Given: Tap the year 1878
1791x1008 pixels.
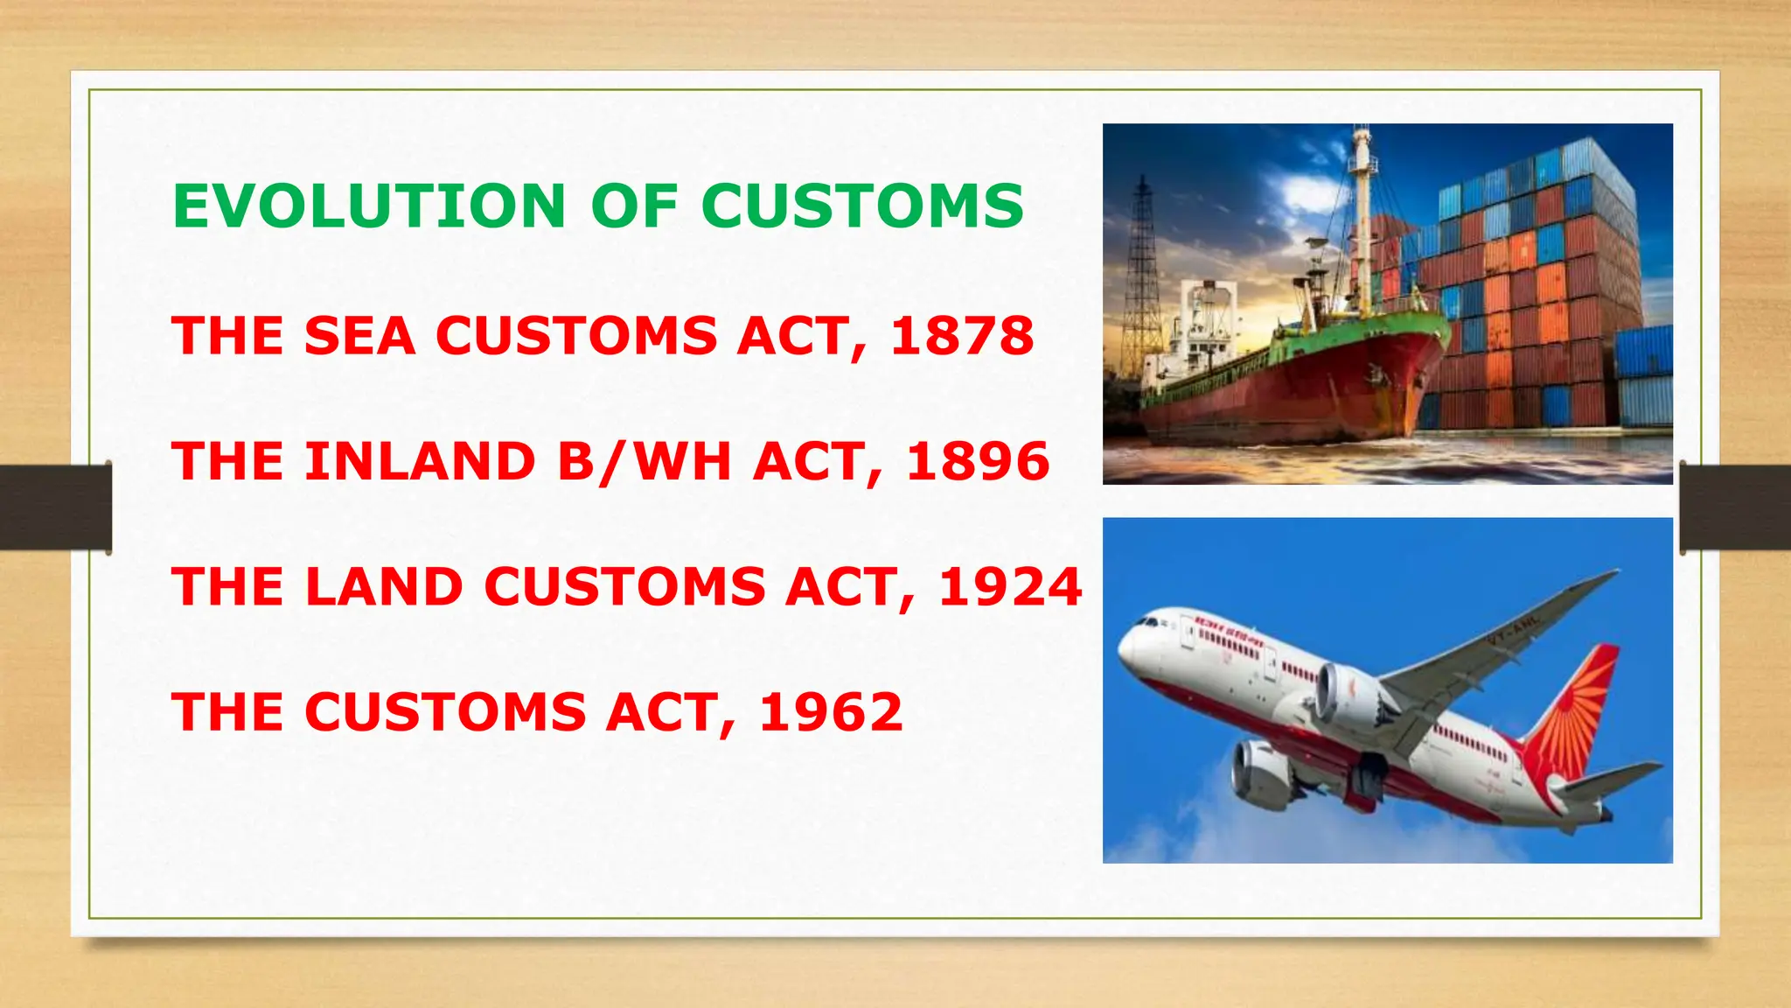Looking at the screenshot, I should tap(962, 336).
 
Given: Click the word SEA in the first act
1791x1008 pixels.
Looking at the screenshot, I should tap(359, 336).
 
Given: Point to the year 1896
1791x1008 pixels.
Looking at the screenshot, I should tap(978, 462).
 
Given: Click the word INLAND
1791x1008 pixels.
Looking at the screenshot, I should tap(420, 462).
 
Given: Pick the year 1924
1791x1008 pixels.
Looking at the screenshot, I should tap(1010, 587).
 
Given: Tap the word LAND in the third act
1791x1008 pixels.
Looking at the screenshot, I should tap(384, 587).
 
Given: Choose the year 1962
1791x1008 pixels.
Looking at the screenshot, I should tap(831, 712).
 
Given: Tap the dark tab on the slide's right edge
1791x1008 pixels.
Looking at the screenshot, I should tap(1735, 507).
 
